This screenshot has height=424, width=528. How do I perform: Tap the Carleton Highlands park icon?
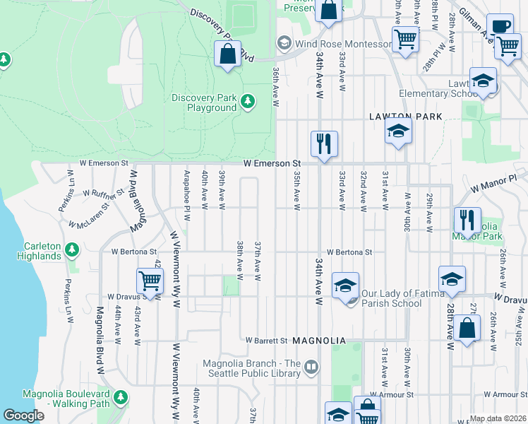click(71, 250)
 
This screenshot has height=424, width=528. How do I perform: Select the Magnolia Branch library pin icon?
click(311, 366)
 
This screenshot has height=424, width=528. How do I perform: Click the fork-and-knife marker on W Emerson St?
click(324, 144)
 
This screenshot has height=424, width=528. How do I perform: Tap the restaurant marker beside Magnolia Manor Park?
click(467, 220)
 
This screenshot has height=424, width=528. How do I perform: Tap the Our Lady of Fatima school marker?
click(345, 285)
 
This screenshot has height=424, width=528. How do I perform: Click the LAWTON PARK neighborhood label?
click(406, 117)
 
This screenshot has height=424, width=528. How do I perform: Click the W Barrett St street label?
click(266, 341)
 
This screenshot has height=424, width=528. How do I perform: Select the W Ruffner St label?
click(103, 192)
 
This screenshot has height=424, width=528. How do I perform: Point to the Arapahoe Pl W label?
click(187, 189)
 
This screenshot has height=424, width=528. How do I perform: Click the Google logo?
click(23, 416)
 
